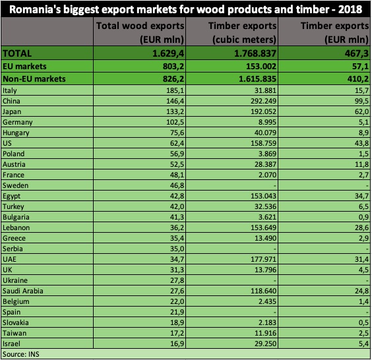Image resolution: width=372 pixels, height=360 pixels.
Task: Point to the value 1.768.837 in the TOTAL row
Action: pos(247,53)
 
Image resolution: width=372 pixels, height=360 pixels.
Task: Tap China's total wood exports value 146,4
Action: pos(170,101)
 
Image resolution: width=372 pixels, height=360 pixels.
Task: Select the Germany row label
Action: pos(16,123)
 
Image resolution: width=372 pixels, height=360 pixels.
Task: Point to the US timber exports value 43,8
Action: pos(359,144)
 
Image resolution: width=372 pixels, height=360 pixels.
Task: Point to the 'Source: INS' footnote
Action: pos(20,355)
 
